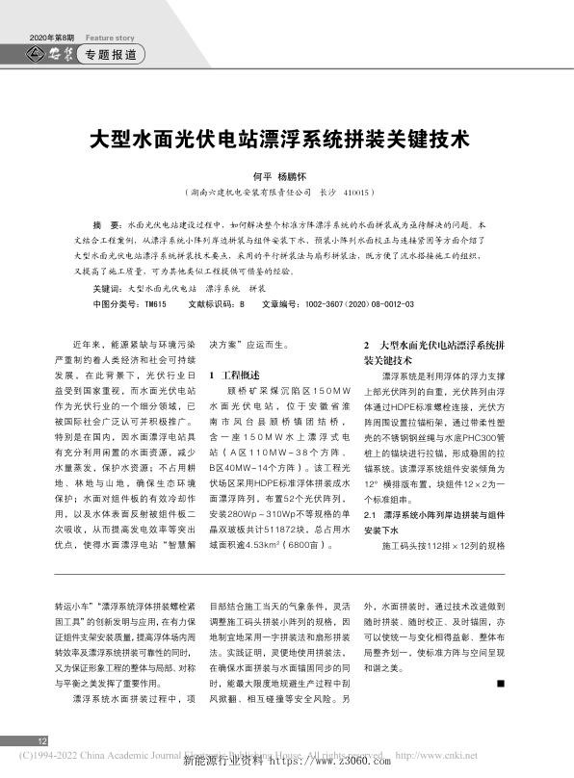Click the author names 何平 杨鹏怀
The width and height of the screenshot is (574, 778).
click(x=285, y=177)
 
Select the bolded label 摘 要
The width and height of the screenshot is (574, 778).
click(x=104, y=222)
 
